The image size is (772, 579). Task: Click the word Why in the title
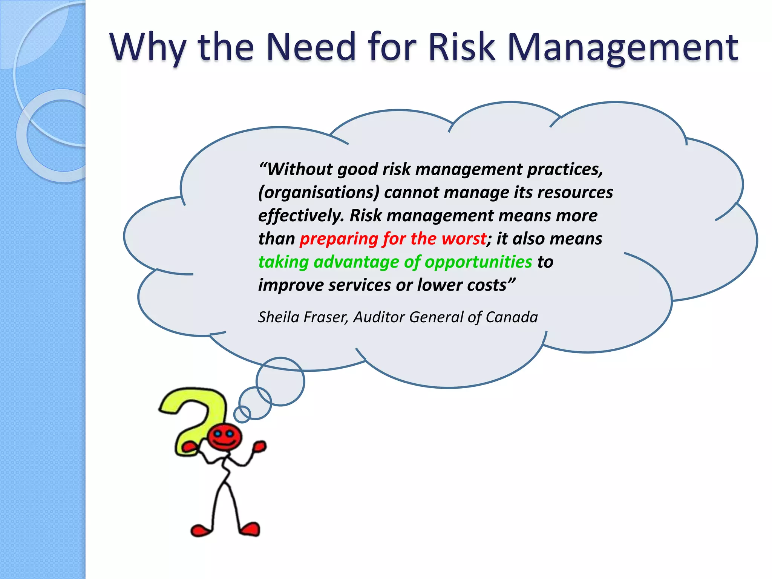[148, 48]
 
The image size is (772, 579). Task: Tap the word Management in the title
[622, 48]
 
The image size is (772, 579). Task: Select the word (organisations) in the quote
[319, 193]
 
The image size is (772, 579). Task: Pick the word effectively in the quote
[301, 216]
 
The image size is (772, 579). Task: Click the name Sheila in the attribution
[278, 317]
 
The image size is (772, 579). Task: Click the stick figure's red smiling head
[225, 437]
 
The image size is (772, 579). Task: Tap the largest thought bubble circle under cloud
[280, 381]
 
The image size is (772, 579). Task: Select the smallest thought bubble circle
[242, 414]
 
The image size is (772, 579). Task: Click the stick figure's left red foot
[201, 530]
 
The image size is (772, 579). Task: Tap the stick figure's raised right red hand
[260, 447]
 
